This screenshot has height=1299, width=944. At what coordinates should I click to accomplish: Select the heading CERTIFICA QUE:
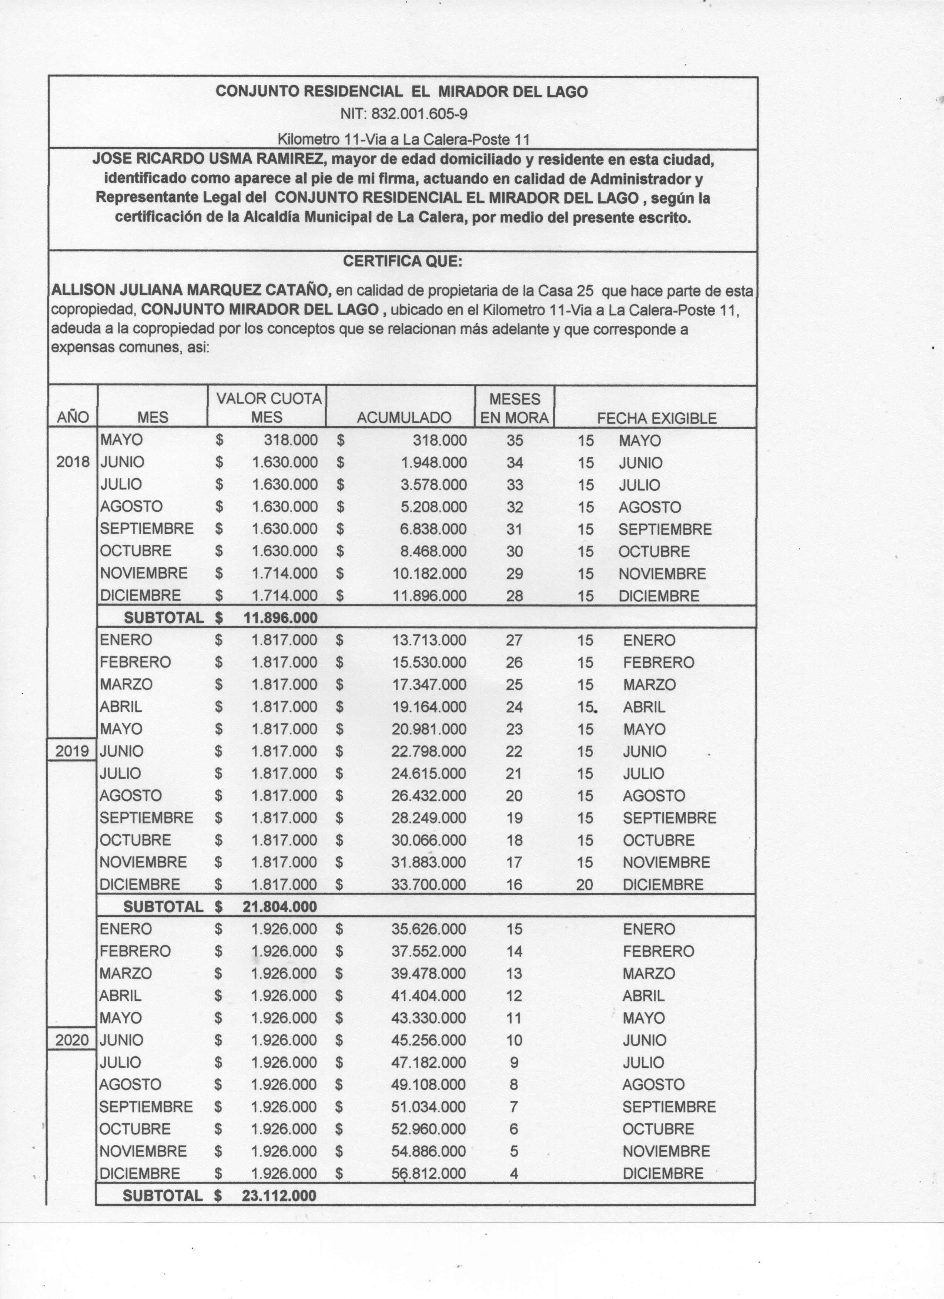point(402,262)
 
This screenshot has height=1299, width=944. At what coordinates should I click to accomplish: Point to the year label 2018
point(73,462)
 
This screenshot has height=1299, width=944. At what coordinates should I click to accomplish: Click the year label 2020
point(72,1040)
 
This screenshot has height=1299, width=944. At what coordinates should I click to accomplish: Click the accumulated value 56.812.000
point(428,1174)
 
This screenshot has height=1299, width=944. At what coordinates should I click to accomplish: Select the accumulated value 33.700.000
point(428,885)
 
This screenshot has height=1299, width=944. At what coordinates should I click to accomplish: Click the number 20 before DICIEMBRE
point(584,885)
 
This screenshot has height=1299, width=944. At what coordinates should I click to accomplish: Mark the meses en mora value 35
point(515,440)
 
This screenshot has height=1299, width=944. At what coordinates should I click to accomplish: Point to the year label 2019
point(72,751)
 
